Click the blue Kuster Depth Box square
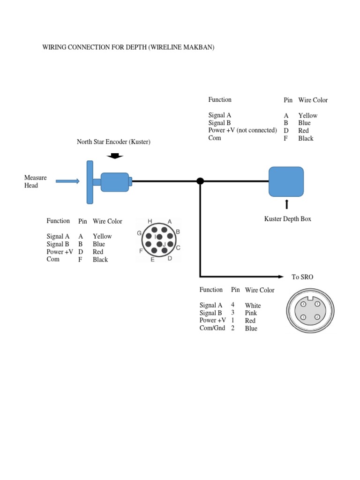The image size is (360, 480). point(286,182)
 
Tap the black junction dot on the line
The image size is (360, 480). point(200,181)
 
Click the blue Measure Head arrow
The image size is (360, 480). point(67,181)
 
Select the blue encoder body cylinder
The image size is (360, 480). point(114,182)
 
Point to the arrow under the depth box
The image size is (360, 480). point(286,204)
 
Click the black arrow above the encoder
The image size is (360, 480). point(115,157)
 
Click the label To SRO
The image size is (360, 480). point(302,277)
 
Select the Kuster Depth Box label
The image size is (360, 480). point(287,219)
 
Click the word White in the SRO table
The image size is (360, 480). point(253,306)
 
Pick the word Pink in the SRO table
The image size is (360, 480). point(251,313)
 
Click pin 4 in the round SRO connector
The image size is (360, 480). point(303,304)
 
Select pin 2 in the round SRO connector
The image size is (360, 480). point(317,317)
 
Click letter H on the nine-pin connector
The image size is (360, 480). point(150,221)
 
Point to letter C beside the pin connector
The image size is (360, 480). point(178,247)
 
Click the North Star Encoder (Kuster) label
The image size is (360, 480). point(113,142)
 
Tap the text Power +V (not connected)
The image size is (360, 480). point(242,130)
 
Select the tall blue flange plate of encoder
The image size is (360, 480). point(90,182)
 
